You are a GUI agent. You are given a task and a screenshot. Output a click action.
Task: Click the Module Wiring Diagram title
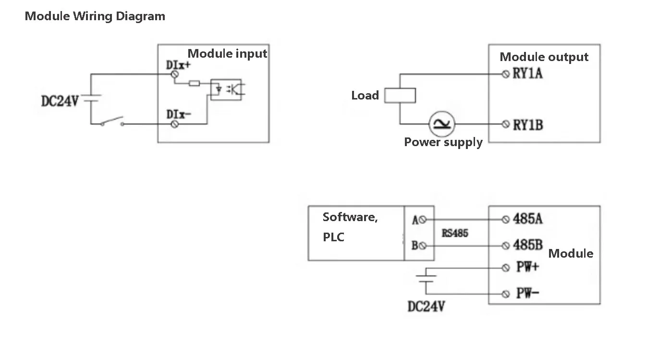coord(95,16)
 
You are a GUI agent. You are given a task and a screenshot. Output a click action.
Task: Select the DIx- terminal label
coord(179,114)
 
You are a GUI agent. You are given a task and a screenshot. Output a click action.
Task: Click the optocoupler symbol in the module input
coord(226,89)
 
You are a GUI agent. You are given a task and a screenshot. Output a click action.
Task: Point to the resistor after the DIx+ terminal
coord(195,84)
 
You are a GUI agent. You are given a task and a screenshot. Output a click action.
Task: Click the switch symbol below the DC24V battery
coord(112,121)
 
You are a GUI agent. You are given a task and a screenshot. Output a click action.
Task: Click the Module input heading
coord(227,53)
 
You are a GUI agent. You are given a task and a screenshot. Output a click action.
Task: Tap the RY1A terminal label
coord(528,74)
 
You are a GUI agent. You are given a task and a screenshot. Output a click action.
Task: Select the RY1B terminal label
coord(528,125)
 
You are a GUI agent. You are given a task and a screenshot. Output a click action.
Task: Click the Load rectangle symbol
coord(401,95)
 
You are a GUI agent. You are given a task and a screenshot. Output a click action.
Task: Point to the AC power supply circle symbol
coord(441,124)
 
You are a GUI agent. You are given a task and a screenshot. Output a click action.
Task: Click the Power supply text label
coord(443,142)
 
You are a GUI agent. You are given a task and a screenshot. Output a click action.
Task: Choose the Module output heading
coord(544,57)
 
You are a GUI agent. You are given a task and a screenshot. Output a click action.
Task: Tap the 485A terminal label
coord(528,219)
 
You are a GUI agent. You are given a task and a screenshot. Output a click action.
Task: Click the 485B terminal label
coord(528,245)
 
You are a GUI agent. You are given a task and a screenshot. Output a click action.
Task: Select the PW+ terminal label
coord(527,267)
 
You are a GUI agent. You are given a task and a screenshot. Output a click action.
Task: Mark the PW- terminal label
coord(527,293)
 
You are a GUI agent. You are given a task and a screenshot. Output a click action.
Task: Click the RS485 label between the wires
coord(454,233)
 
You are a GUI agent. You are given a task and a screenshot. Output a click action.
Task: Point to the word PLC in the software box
coord(333,237)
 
